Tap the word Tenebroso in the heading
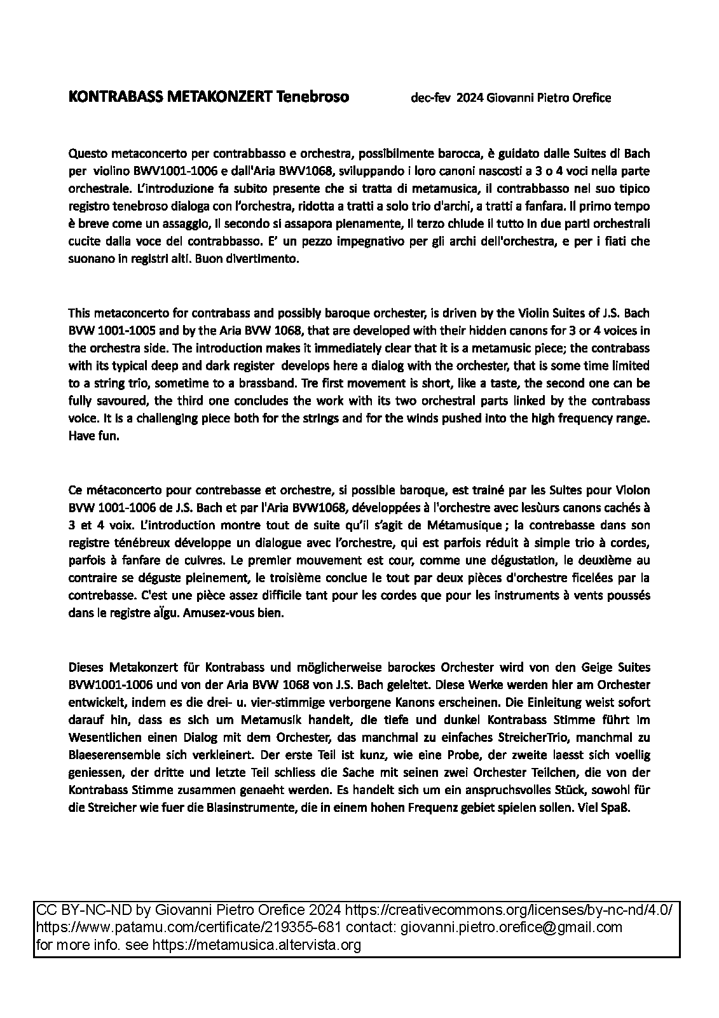tap(312, 97)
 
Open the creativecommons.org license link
tap(509, 909)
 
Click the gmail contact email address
tap(512, 927)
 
